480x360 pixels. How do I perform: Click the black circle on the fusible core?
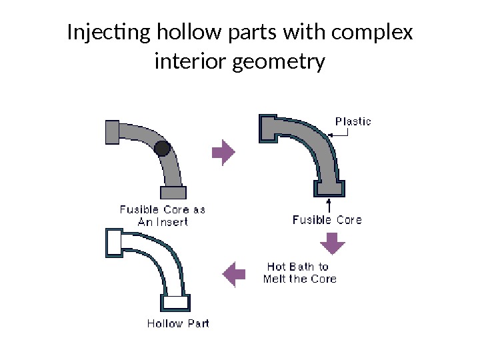pos(161,148)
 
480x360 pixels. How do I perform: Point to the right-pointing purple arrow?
pos(223,153)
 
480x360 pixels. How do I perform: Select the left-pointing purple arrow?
pos(231,273)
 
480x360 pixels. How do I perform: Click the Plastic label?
pos(353,121)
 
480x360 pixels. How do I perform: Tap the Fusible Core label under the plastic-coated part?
pos(327,219)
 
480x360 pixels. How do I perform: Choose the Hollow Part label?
pos(177,324)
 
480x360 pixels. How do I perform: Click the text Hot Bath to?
pos(298,267)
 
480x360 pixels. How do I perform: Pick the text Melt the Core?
pos(299,279)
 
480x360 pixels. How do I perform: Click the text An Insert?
pos(163,221)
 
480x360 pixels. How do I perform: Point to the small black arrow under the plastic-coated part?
pos(329,203)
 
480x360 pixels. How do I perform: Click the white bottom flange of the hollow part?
pos(177,302)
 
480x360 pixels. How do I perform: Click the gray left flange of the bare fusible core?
pos(112,131)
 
